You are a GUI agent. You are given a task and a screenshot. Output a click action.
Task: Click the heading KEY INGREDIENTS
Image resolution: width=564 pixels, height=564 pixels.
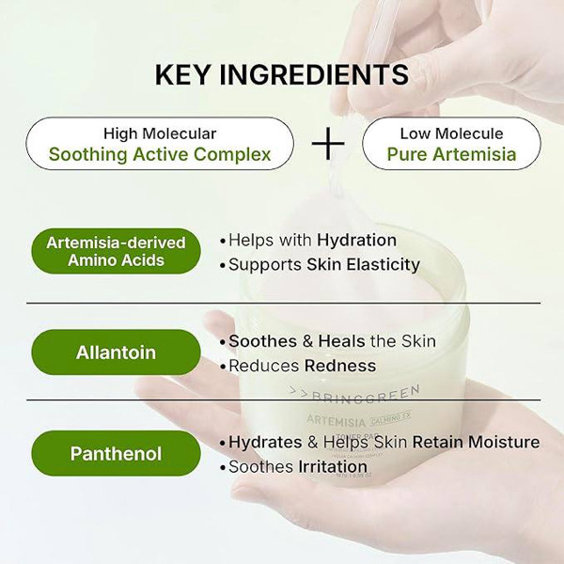(x=281, y=75)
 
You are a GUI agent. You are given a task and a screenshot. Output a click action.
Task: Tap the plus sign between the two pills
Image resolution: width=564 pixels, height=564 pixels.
(x=328, y=143)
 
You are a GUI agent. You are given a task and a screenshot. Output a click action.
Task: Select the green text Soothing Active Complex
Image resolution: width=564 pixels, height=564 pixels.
(x=160, y=154)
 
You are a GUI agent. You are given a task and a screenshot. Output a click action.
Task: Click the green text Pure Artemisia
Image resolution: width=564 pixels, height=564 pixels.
(x=451, y=154)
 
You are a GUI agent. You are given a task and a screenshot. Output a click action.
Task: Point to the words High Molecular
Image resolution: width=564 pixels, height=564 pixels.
(x=160, y=133)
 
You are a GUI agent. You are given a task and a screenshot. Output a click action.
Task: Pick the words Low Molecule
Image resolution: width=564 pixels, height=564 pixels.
(x=451, y=133)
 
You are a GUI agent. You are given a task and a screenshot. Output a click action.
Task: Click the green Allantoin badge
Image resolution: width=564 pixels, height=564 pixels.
(x=116, y=353)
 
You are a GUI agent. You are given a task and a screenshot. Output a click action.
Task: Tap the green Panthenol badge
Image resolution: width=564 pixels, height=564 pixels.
(x=116, y=454)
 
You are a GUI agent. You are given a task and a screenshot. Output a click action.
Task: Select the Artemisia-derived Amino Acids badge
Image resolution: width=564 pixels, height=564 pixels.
(x=116, y=251)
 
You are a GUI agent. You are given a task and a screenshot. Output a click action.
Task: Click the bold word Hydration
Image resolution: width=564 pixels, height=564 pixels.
(x=356, y=240)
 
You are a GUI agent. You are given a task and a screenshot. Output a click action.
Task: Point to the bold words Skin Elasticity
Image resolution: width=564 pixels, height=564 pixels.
(x=363, y=264)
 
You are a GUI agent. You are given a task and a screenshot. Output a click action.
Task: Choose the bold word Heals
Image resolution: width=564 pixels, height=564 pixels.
(x=342, y=341)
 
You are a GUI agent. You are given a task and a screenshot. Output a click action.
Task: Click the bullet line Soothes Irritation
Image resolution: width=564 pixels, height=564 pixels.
(x=292, y=466)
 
